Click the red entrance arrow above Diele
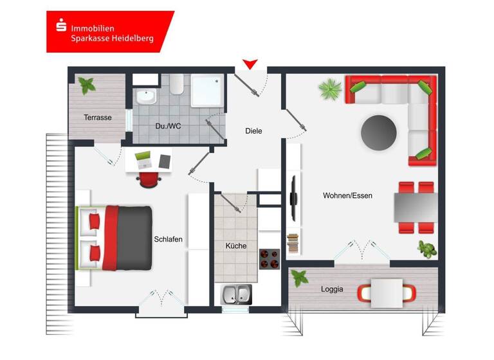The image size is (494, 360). pyautogui.click(x=250, y=64)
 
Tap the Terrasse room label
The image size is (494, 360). pyautogui.click(x=97, y=118)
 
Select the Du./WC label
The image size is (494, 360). pyautogui.click(x=168, y=126)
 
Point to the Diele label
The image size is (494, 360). pyautogui.click(x=253, y=131)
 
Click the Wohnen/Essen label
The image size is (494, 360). pyautogui.click(x=347, y=196)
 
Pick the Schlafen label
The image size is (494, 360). pyautogui.click(x=169, y=239)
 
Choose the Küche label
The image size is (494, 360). pyautogui.click(x=235, y=246)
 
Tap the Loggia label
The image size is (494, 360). pyautogui.click(x=332, y=289)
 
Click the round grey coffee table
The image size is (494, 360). pyautogui.click(x=380, y=132)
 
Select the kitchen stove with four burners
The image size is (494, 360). pyautogui.click(x=270, y=259)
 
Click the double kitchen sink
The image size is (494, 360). pyautogui.click(x=237, y=294)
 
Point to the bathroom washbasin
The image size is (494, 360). pyautogui.click(x=146, y=98)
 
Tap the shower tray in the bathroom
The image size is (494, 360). pyautogui.click(x=207, y=90)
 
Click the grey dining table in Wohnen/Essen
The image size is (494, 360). pyautogui.click(x=416, y=208)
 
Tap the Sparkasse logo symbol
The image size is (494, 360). pyautogui.click(x=61, y=27)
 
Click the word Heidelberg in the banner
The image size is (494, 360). pyautogui.click(x=132, y=39)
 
